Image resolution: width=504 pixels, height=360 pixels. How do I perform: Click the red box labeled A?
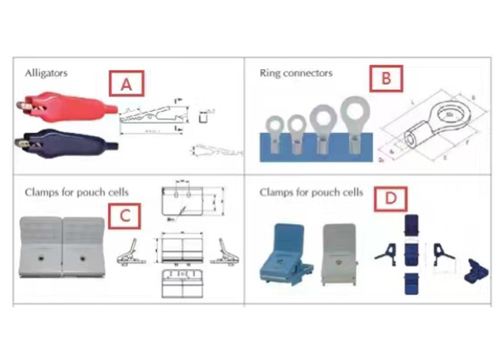point(127,84)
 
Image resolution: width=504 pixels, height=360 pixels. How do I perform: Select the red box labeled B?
point(386,78)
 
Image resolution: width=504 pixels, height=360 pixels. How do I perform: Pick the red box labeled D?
point(390,198)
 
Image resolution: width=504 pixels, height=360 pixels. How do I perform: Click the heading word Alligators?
point(46,73)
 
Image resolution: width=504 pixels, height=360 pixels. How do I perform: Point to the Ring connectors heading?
point(295,73)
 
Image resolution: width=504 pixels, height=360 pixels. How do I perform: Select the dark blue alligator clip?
point(61,139)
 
